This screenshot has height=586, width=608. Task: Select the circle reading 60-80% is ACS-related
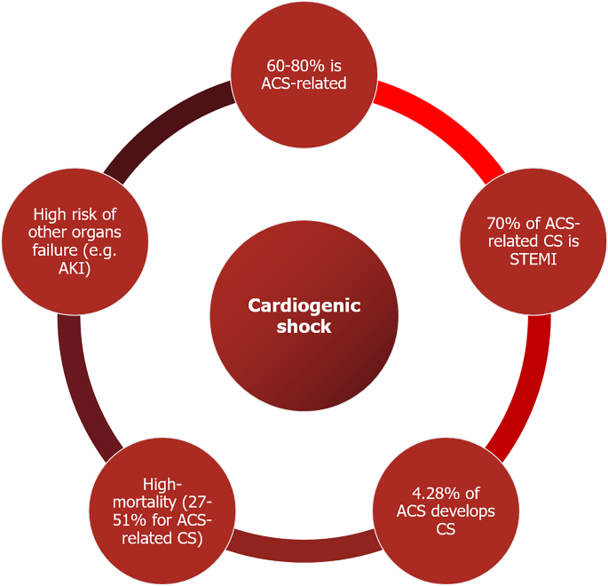[305, 75]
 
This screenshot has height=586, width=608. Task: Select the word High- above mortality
[165, 484]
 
